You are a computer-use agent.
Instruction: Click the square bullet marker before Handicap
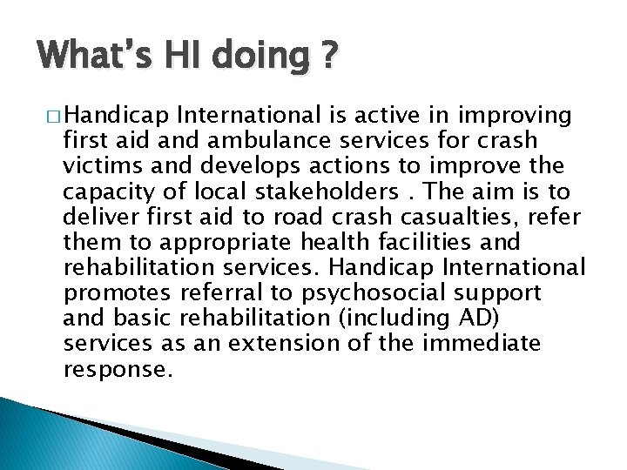tap(53, 116)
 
